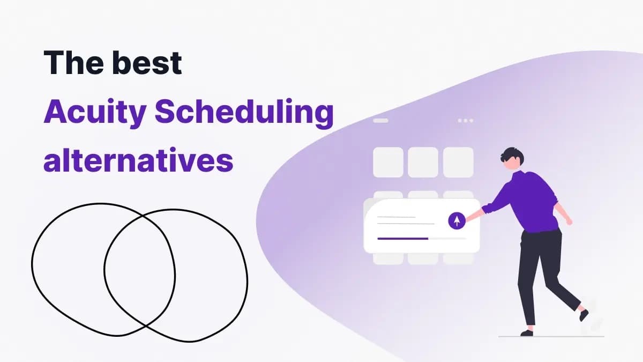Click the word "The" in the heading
click(x=73, y=63)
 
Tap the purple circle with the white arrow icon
click(x=457, y=220)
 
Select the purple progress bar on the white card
click(x=402, y=238)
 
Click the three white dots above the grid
click(x=465, y=121)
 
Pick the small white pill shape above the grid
click(x=380, y=121)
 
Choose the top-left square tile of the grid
click(x=388, y=162)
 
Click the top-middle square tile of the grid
click(x=423, y=162)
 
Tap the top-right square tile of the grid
click(x=458, y=162)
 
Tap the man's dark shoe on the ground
click(x=527, y=333)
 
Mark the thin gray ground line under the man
click(x=552, y=337)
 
